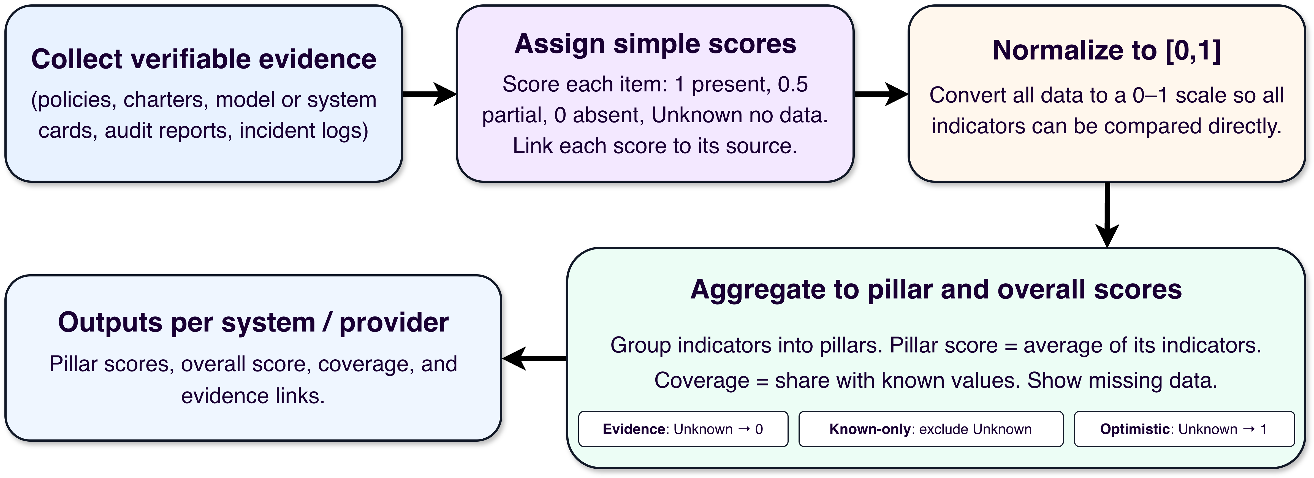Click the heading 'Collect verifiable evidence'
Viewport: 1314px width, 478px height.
pyautogui.click(x=203, y=59)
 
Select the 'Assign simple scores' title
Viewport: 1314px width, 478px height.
pyautogui.click(x=655, y=44)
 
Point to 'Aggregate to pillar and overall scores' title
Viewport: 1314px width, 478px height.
pyautogui.click(x=936, y=290)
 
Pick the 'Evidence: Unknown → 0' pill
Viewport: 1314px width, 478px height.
pyautogui.click(x=683, y=429)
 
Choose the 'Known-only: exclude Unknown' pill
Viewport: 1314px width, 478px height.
pyautogui.click(x=931, y=429)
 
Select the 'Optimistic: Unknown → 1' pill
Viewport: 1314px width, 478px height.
pyautogui.click(x=1184, y=429)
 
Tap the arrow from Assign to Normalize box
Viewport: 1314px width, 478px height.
pyautogui.click(x=881, y=94)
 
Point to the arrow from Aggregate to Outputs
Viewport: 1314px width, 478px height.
pyautogui.click(x=534, y=358)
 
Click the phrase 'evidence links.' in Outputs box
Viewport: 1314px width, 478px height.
pyautogui.click(x=253, y=396)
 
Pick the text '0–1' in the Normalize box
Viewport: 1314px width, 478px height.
pyautogui.click(x=1150, y=95)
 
